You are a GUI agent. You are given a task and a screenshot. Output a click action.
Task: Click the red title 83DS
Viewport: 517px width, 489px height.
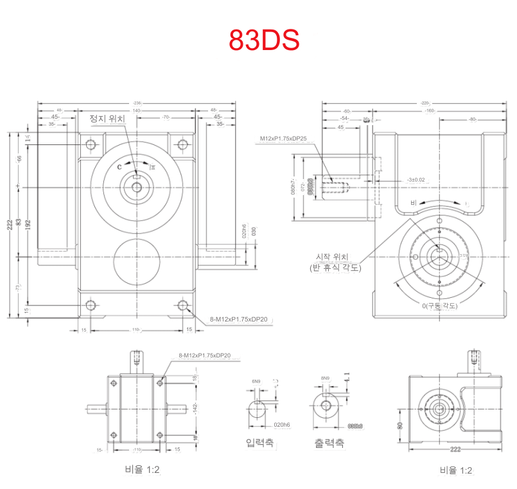[x=264, y=40]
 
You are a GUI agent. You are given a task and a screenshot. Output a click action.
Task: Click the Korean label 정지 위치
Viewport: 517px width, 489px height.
[x=107, y=119]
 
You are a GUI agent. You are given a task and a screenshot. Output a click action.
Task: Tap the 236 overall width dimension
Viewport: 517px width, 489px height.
[x=137, y=103]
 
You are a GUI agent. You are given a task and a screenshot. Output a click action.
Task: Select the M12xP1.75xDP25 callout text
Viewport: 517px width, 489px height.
[x=283, y=139]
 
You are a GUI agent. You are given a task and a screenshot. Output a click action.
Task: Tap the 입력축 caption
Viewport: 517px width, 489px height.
[x=259, y=442]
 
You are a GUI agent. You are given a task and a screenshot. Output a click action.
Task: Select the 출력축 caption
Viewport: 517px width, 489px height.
[x=329, y=442]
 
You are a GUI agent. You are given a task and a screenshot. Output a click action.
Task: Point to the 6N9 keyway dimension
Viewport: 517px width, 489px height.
[x=256, y=382]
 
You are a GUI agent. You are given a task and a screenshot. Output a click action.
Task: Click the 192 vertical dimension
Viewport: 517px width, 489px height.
[x=28, y=223]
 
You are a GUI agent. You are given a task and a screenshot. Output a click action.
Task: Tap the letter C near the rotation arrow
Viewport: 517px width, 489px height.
[x=119, y=165]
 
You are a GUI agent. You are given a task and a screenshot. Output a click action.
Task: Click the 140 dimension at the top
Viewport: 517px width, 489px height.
[x=137, y=110]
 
